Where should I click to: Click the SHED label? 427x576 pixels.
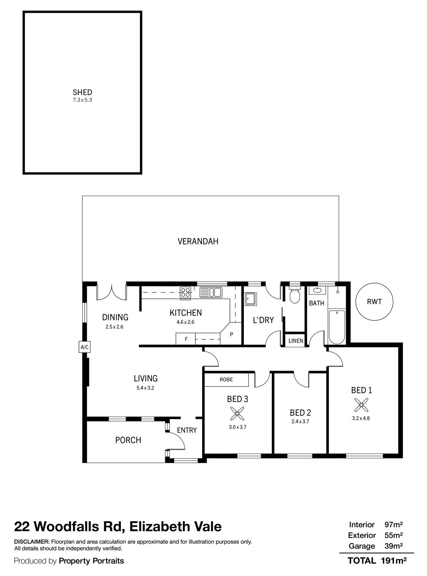coord(82,92)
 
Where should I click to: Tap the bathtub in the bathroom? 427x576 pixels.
coord(337,327)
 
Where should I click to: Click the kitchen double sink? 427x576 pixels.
coord(211,292)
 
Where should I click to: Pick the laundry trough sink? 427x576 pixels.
coord(251,298)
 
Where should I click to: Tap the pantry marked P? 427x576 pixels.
coord(231,334)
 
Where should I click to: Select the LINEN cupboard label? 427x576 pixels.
coord(296,341)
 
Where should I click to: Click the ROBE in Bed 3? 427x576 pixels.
coord(226,379)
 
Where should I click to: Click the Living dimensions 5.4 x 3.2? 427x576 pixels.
coord(146,388)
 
